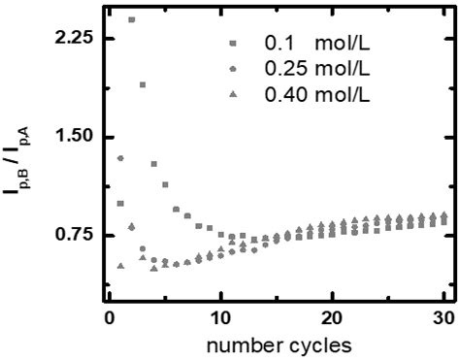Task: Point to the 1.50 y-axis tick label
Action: pos(73,137)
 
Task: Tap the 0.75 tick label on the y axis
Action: pos(73,236)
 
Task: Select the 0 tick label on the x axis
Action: pos(110,318)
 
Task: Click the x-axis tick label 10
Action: pos(221,318)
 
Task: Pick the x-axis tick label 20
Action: pos(333,318)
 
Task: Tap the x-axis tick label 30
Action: pos(444,318)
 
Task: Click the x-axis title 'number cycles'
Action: pos(278,345)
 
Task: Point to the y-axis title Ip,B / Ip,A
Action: pos(19,168)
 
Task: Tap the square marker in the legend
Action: pos(233,45)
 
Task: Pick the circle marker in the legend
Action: pos(233,69)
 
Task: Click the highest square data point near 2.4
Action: pos(132,19)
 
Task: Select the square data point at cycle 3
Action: pos(143,84)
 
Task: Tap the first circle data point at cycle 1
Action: pos(120,158)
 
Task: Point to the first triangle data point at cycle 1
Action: pos(120,266)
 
